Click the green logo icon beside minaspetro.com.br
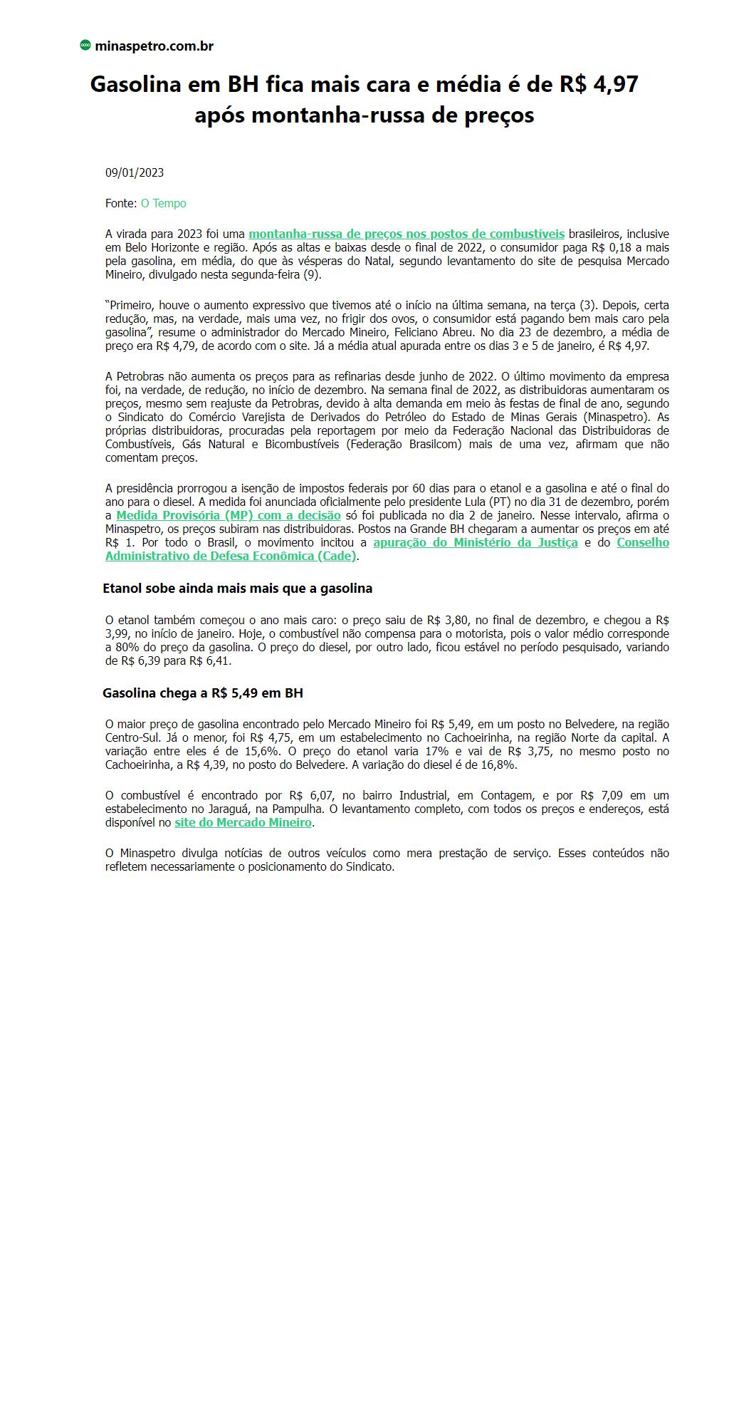coord(85,46)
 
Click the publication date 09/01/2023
coord(135,172)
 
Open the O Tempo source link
coord(163,203)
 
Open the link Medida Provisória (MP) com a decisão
coord(229,515)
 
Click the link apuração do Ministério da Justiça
coord(475,542)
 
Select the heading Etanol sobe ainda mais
coord(237,589)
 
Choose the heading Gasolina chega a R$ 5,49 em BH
coord(203,693)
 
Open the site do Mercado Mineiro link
coord(243,822)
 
